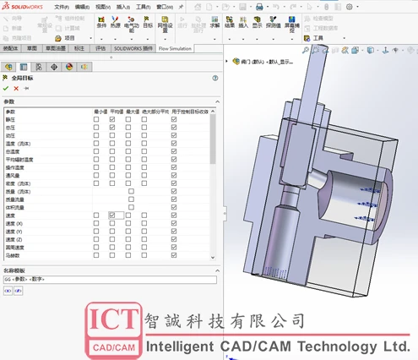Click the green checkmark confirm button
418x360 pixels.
(6, 87)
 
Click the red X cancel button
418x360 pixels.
(16, 87)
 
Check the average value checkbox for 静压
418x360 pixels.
(112, 119)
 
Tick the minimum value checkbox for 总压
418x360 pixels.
(97, 127)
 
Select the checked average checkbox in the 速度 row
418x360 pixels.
(112, 215)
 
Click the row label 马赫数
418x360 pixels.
(12, 254)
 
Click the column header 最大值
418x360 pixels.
(133, 112)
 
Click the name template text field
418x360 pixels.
(110, 279)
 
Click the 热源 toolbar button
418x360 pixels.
(115, 26)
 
